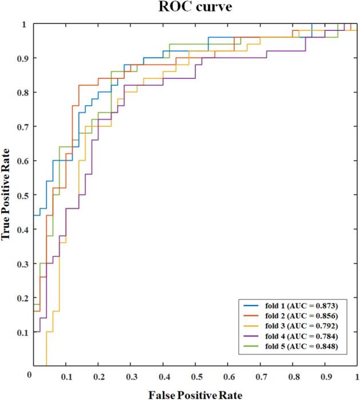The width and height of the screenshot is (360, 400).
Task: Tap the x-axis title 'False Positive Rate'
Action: coord(195,394)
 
